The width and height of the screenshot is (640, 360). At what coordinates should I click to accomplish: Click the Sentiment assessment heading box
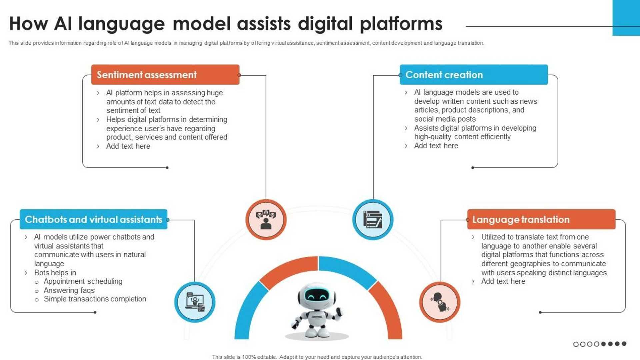pos(165,75)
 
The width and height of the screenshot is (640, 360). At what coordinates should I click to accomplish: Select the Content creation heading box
pos(473,75)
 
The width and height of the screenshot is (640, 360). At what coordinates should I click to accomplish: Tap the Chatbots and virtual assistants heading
pos(93,219)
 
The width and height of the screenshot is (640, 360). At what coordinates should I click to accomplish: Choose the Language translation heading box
pos(541,219)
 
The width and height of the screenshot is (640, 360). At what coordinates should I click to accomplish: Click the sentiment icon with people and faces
pos(266,220)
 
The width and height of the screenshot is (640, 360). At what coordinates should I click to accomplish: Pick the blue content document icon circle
pos(373,220)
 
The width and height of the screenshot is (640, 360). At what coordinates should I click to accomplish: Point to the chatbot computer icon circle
pos(195,302)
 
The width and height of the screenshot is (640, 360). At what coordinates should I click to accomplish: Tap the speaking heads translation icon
pos(440,302)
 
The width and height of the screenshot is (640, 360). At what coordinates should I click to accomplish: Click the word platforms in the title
pos(401,24)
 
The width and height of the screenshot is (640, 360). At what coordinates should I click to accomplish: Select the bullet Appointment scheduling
pos(83,281)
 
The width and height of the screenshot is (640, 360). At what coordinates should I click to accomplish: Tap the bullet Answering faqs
pos(69,290)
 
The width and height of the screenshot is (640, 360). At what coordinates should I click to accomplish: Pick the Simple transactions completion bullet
pos(95,299)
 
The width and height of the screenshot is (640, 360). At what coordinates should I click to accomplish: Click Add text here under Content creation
pos(436,146)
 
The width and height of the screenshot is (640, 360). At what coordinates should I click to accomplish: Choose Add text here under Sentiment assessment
pos(128,146)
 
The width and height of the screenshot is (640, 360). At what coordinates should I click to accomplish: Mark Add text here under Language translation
pos(503,281)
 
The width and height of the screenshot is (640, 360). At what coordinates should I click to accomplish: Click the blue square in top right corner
pos(626,17)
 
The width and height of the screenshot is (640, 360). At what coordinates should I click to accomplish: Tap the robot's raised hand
pos(339,312)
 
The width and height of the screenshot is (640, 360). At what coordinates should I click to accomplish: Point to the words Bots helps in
pos(55,273)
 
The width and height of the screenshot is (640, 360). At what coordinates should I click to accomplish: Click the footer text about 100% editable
pos(317,357)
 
